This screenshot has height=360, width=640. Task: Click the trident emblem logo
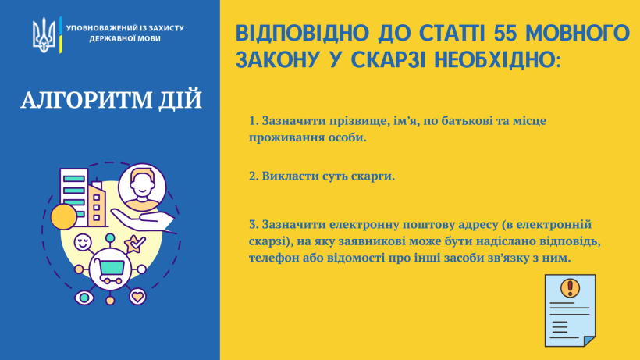44,35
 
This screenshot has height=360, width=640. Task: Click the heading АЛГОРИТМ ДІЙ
112,100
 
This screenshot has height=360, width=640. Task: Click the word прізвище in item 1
358,121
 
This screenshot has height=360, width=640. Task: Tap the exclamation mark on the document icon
571,287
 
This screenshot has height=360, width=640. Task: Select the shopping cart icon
110,269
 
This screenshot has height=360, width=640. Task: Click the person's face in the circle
142,187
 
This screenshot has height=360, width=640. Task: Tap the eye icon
84,298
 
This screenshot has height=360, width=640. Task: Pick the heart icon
137,296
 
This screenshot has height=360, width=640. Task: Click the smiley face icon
83,242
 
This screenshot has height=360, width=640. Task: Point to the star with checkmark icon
135,244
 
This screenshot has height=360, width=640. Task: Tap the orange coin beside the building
64,217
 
